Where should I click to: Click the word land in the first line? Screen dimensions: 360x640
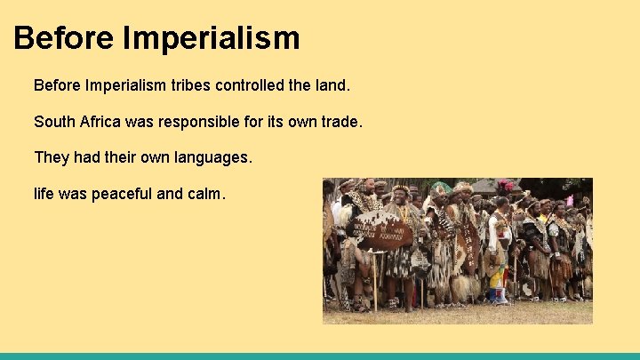[335, 86]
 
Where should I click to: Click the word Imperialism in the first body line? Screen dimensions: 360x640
[128, 86]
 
